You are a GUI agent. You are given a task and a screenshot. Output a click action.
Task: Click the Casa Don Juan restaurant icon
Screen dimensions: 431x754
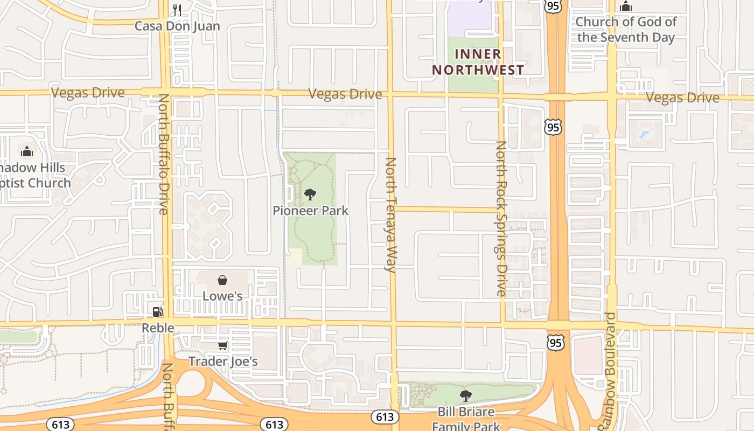177,10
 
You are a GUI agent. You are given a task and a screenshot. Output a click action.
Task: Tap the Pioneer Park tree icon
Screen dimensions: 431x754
310,194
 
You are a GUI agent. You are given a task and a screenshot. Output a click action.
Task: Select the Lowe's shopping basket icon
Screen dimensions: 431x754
222,280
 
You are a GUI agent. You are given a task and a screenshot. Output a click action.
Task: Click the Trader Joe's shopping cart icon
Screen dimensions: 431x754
222,345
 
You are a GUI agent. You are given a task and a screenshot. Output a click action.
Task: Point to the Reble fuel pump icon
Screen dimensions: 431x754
157,311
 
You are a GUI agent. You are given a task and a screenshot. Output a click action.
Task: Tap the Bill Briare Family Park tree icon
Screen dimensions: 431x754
466,396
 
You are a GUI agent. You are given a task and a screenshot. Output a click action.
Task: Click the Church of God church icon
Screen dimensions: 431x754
625,6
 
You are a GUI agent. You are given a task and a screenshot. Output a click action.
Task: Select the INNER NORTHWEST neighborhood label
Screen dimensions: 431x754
478,62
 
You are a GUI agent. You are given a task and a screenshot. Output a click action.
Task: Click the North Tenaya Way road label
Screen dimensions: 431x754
391,214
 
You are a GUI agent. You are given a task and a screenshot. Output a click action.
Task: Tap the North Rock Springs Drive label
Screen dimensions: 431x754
501,218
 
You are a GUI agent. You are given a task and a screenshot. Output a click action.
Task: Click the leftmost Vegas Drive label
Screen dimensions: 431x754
88,93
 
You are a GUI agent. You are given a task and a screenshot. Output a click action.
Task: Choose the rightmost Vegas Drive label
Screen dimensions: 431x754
682,98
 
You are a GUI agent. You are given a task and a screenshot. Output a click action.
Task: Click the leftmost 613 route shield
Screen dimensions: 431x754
60,424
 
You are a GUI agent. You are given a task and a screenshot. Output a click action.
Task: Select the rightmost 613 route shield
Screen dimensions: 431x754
385,416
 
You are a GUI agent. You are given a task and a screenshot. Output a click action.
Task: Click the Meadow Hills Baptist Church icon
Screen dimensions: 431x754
27,151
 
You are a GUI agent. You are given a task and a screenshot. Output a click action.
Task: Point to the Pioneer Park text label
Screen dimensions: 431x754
310,211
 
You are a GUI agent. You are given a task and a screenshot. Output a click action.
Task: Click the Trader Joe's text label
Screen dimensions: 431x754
223,361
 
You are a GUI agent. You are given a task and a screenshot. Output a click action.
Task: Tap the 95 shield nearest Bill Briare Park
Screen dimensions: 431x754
556,343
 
